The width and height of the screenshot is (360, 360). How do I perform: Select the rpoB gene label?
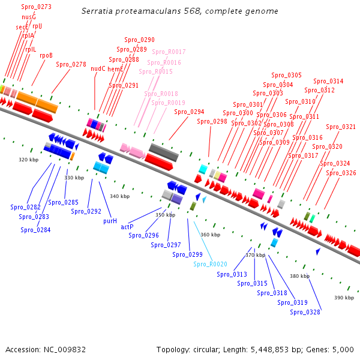point(46,55)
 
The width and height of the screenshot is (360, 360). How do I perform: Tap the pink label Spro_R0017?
point(169,52)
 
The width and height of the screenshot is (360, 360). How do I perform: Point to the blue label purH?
point(110,221)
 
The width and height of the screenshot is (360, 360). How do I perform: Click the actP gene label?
point(127,227)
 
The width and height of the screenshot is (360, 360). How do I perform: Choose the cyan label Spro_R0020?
point(210,264)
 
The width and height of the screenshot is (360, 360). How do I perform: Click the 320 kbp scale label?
point(28,160)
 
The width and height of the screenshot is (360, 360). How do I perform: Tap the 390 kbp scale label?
point(344,298)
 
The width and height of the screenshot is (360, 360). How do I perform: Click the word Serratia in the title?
point(97,11)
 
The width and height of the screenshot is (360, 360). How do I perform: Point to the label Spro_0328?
point(305,311)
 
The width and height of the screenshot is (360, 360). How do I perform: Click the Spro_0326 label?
point(341,173)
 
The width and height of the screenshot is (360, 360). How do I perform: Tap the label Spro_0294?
point(189,112)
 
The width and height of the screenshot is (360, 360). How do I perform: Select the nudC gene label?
point(98,68)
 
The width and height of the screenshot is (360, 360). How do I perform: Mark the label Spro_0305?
point(286,76)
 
